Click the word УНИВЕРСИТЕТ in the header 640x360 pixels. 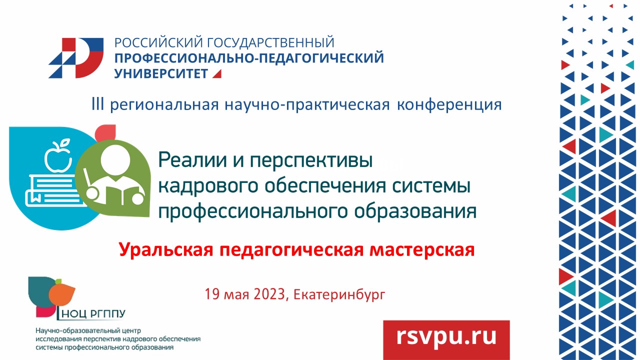(161, 74)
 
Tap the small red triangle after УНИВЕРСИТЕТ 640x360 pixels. (216, 74)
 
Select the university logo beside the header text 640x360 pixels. (76, 57)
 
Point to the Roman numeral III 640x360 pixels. (97, 105)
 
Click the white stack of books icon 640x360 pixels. (48, 190)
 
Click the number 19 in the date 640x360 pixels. (212, 294)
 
